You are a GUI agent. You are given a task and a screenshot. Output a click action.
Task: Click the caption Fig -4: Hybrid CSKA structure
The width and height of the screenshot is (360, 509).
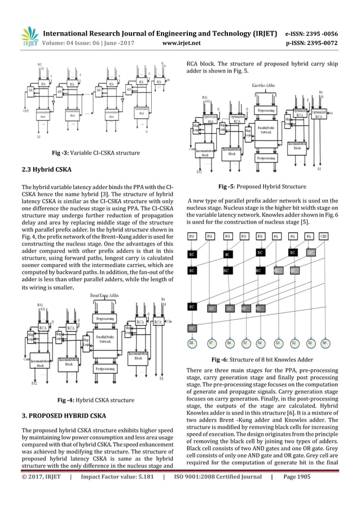(x=96, y=400)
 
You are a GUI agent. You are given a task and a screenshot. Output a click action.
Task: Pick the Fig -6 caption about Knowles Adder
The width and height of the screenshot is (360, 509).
(x=269, y=359)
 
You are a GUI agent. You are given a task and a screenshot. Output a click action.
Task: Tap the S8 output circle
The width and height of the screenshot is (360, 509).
(x=192, y=343)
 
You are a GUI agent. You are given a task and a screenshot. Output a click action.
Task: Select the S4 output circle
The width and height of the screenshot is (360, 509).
(x=259, y=343)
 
